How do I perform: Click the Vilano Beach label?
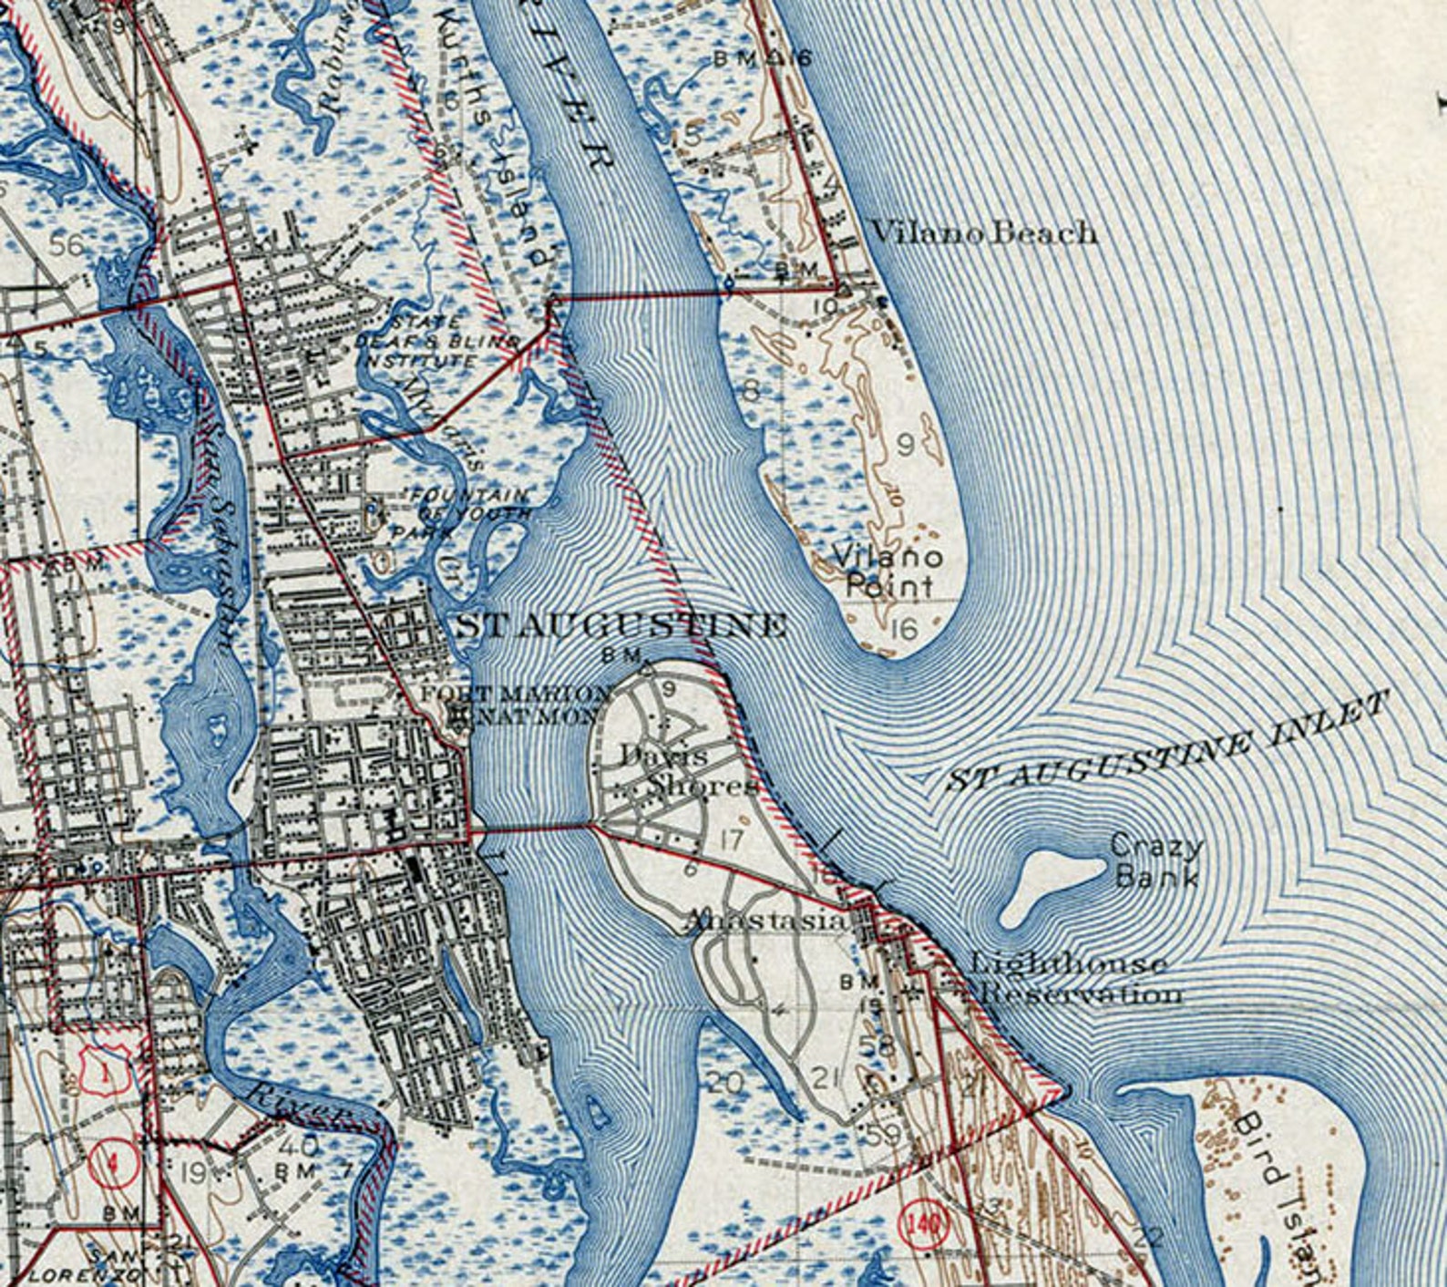pos(983,232)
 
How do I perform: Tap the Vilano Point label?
pos(888,571)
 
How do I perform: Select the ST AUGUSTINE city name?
pos(621,625)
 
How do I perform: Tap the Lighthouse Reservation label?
pos(1075,978)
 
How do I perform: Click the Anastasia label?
pos(765,921)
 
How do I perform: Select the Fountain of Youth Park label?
pos(465,513)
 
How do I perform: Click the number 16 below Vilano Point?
pos(903,629)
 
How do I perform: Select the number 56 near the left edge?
pos(67,245)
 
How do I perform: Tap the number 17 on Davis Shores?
pos(731,839)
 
